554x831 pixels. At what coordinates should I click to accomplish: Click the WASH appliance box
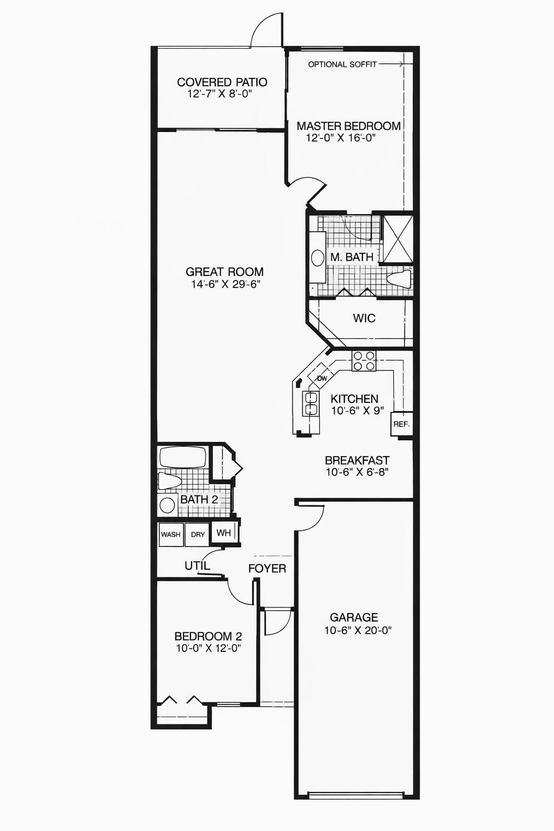pos(170,535)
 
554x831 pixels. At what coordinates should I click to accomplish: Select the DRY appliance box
pos(197,535)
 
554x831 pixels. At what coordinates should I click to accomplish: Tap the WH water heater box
pos(224,533)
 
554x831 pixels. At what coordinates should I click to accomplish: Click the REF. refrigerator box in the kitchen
pos(401,424)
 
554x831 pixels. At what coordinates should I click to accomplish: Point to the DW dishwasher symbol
pos(321,378)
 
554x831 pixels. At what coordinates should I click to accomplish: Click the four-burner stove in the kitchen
pos(364,361)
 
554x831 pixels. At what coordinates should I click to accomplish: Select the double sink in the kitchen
pos(311,403)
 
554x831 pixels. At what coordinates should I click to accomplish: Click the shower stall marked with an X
pos(398,239)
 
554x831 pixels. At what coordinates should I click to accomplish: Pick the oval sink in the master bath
pos(318,258)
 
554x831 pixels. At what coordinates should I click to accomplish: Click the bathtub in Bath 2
pos(183,458)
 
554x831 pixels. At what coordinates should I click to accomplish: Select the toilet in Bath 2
pos(169,481)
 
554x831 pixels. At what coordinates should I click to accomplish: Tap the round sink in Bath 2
pos(167,505)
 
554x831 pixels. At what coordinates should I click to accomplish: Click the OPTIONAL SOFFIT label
pos(342,64)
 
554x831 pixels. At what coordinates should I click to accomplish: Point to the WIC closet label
pos(364,318)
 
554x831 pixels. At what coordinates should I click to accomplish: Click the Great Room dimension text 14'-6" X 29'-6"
pos(226,285)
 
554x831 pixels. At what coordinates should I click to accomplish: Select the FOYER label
pos(267,568)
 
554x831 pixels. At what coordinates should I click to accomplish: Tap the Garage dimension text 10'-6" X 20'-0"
pos(358,630)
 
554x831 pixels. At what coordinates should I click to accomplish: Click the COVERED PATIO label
pos(222,82)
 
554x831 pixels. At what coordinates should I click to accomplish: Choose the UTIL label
pos(197,566)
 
